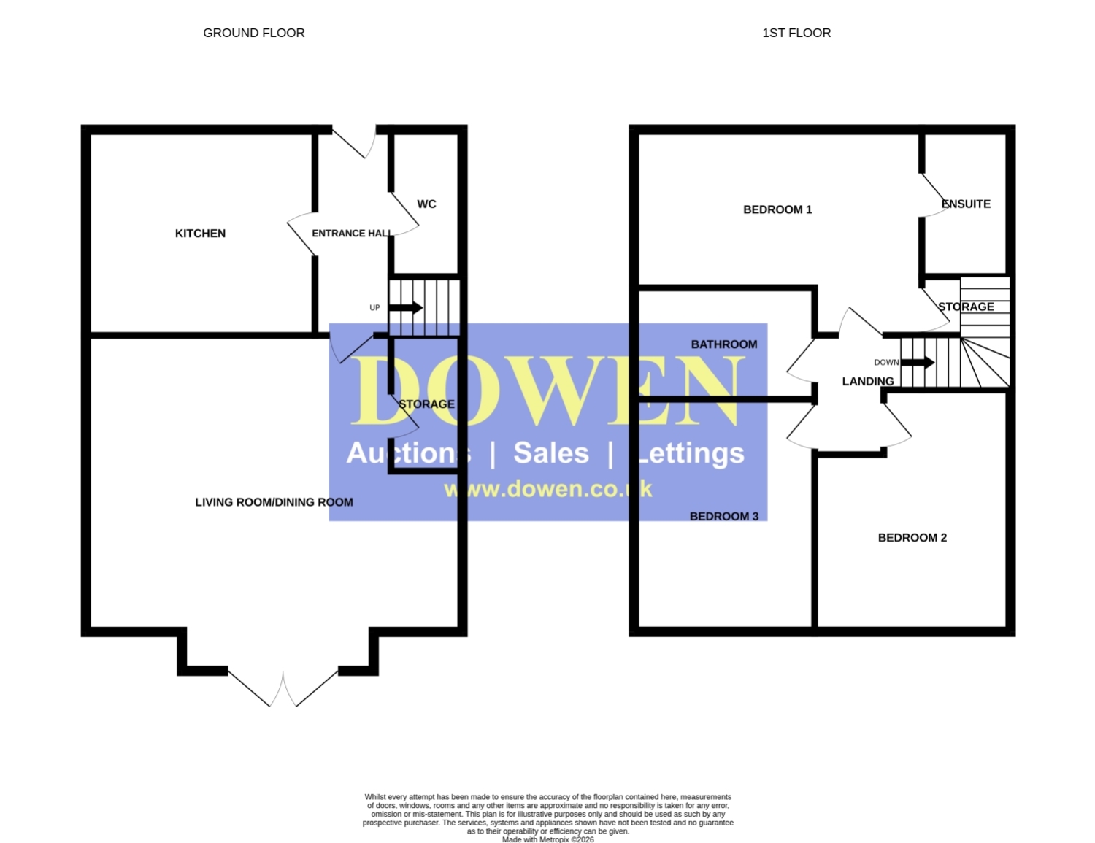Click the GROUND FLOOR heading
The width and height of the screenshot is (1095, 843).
[x=253, y=34]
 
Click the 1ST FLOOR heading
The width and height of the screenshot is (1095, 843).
[x=796, y=34]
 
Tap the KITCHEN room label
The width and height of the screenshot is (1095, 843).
[x=200, y=234]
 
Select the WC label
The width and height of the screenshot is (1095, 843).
[x=426, y=204]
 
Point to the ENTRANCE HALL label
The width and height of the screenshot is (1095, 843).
[x=352, y=234]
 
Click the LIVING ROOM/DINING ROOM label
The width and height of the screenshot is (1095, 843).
[x=274, y=502]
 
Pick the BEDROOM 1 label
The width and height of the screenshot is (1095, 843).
[x=777, y=209]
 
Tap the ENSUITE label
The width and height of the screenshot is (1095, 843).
[x=966, y=204]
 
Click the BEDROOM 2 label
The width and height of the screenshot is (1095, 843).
[x=912, y=538]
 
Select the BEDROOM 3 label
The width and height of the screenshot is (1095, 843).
[x=724, y=516]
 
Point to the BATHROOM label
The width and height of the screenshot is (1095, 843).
[x=724, y=344]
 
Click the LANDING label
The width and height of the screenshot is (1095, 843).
[x=868, y=381]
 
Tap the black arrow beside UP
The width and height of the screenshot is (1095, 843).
[x=406, y=308]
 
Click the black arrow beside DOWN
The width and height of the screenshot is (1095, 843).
[x=918, y=362]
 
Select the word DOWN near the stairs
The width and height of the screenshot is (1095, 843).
[x=886, y=363]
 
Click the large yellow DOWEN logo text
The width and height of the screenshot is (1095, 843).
[x=547, y=390]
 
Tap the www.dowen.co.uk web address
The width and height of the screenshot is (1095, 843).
[x=548, y=489]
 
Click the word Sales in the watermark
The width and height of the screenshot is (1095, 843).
[x=551, y=453]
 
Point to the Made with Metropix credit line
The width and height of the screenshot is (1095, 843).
[x=547, y=839]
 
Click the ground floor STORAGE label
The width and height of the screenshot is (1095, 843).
[x=426, y=404]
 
